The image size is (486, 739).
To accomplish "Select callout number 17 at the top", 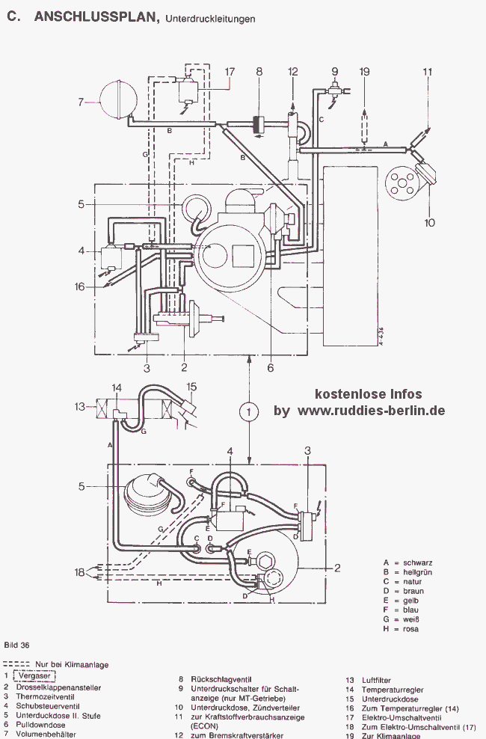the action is (x=230, y=72).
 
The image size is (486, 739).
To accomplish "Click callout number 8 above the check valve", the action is (x=259, y=72).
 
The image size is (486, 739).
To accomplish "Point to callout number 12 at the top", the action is (x=293, y=72).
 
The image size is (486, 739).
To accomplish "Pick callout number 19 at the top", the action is (x=365, y=72).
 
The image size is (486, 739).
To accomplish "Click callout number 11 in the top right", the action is (x=428, y=72).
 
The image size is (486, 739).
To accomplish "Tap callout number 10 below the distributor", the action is (x=429, y=222).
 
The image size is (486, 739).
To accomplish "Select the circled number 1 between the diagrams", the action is (x=249, y=411).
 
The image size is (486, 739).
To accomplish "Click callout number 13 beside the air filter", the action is (x=80, y=406).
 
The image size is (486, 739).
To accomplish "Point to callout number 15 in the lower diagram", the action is (x=191, y=387).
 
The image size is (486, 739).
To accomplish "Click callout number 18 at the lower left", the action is (x=79, y=572).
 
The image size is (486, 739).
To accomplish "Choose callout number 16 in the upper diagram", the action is (x=79, y=286).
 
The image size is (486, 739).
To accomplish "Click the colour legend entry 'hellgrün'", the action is (x=417, y=572).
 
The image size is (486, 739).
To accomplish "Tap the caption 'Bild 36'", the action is (x=16, y=645).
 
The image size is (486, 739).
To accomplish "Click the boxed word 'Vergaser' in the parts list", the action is (x=34, y=676).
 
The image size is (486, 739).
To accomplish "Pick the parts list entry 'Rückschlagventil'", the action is (x=221, y=679).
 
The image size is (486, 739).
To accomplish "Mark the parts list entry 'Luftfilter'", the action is (x=376, y=680).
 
